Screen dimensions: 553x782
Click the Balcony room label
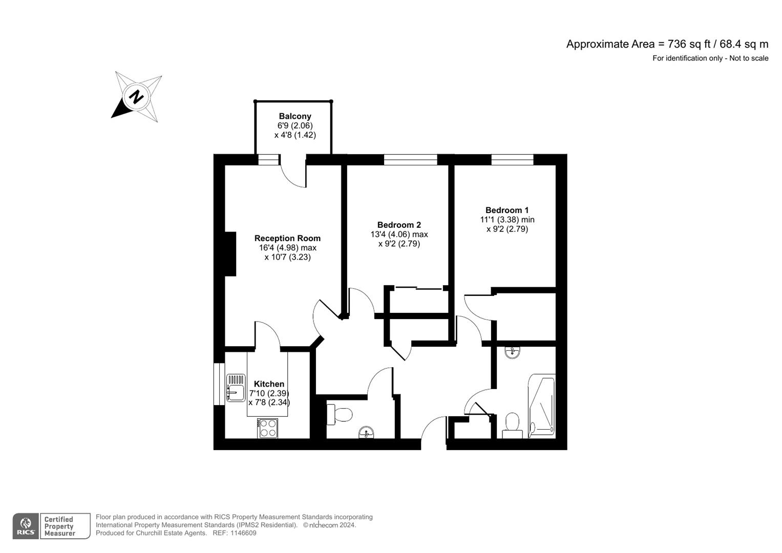(x=294, y=116)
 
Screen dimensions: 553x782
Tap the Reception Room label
(x=287, y=238)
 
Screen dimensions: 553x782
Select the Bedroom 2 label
(x=399, y=225)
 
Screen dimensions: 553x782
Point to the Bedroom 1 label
(x=507, y=210)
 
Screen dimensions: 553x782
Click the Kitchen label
(x=269, y=384)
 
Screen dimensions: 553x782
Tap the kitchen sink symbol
(x=236, y=388)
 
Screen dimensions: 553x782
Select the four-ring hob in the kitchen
(x=268, y=428)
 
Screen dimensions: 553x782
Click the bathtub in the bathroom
(x=542, y=407)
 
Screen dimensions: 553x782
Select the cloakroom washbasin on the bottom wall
(x=366, y=433)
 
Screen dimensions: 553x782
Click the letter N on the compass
(x=136, y=96)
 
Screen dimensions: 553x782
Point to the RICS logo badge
(x=25, y=526)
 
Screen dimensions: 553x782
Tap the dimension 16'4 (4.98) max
(x=287, y=248)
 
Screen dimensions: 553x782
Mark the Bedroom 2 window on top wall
(x=410, y=160)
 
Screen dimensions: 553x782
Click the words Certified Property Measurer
(x=59, y=526)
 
